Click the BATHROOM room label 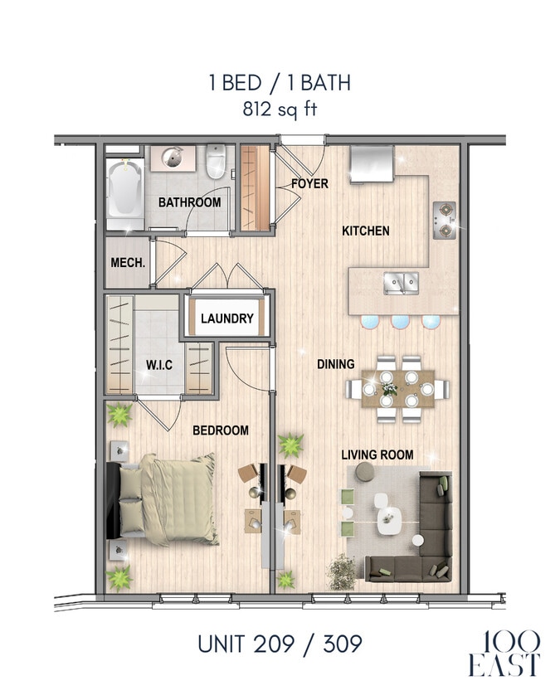tap(189, 202)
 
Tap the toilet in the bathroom tap(216, 161)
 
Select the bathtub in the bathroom tap(124, 196)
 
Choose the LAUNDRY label tap(226, 318)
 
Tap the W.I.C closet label tap(159, 364)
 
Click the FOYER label tap(309, 183)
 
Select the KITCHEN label tap(365, 231)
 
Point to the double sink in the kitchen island tap(400, 284)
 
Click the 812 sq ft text tap(280, 109)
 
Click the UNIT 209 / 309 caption tap(280, 643)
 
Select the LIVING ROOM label tap(377, 455)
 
